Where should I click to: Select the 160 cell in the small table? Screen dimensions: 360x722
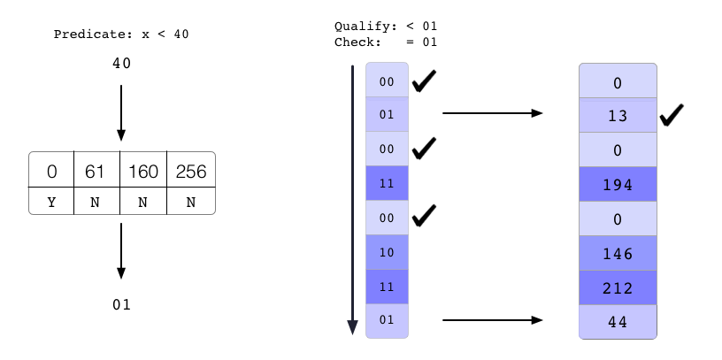tap(144, 171)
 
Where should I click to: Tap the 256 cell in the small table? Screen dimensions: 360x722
tap(191, 171)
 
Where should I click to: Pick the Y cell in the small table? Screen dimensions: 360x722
tap(51, 202)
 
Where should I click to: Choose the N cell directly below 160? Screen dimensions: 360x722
tap(144, 202)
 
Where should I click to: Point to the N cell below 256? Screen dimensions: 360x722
tap(191, 202)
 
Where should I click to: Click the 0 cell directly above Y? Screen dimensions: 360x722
tap(51, 171)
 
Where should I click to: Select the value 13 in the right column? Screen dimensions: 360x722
tap(618, 116)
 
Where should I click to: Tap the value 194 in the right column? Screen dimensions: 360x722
tap(618, 184)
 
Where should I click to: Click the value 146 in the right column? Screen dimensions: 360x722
tap(618, 254)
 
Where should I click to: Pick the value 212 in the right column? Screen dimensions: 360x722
tap(618, 287)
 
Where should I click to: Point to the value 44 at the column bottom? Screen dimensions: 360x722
tap(618, 322)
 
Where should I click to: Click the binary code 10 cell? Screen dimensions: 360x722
tap(387, 252)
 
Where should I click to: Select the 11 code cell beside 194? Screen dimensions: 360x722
tap(387, 184)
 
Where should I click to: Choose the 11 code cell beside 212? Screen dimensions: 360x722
tap(387, 287)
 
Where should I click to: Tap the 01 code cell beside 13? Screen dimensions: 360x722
tap(387, 114)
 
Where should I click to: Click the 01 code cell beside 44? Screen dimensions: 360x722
tap(387, 319)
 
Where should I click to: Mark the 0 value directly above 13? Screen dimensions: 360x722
tap(618, 82)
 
